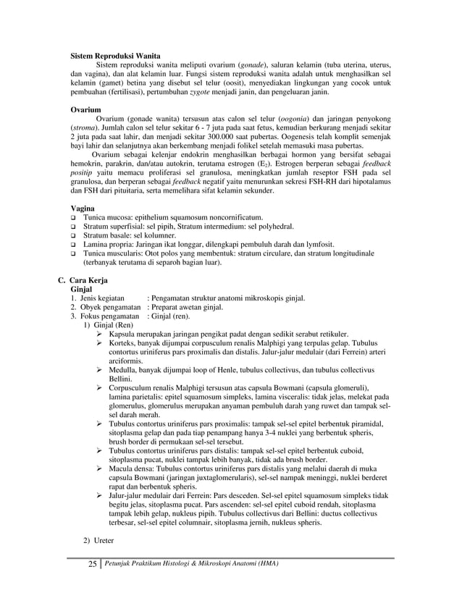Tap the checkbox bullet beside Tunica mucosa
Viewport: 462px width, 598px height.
(x=74, y=218)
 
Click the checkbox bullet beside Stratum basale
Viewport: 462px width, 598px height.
(x=74, y=236)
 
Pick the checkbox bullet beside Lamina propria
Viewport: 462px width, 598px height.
(x=74, y=245)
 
